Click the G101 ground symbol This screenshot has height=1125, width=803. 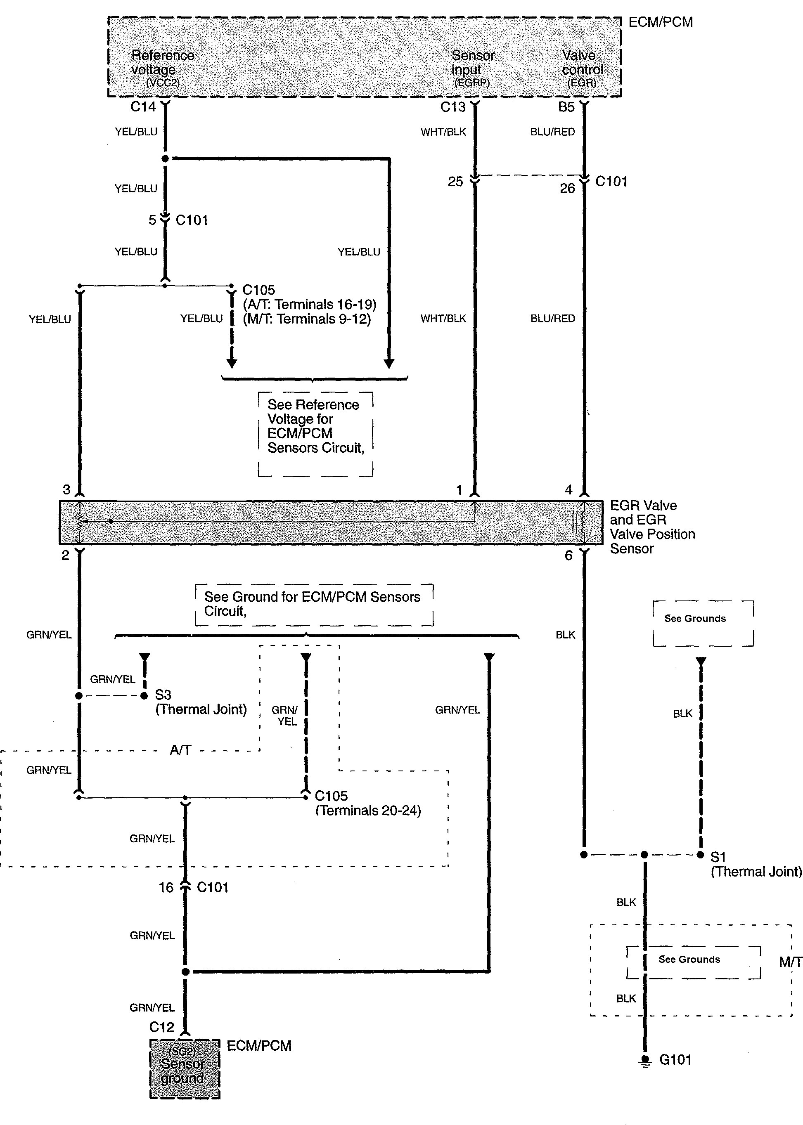pyautogui.click(x=645, y=1060)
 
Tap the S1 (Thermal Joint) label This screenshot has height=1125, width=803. pyautogui.click(x=755, y=864)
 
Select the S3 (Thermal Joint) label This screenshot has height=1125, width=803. pyautogui.click(x=200, y=702)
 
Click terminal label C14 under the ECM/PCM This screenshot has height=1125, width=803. pyautogui.click(x=143, y=107)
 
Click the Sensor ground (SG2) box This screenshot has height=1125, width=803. pyautogui.click(x=185, y=1068)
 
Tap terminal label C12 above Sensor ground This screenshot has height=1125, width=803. pyautogui.click(x=162, y=1027)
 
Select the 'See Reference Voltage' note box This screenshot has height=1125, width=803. pyautogui.click(x=315, y=433)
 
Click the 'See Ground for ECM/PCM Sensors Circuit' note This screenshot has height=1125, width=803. pyautogui.click(x=314, y=604)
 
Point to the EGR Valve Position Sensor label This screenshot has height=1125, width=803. pyautogui.click(x=652, y=527)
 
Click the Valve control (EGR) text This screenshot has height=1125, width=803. pyautogui.click(x=582, y=69)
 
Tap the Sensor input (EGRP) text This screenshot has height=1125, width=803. pyautogui.click(x=472, y=69)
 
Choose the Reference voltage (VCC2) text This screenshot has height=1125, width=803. pyautogui.click(x=163, y=69)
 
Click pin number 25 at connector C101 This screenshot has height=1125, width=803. pyautogui.click(x=455, y=182)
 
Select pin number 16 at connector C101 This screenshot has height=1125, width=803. pyautogui.click(x=166, y=887)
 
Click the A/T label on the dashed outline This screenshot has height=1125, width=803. pyautogui.click(x=180, y=750)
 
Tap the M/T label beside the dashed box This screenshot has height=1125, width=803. pyautogui.click(x=790, y=962)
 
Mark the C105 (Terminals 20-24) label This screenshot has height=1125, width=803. pyautogui.click(x=367, y=803)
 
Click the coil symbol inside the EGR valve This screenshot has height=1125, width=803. pyautogui.click(x=583, y=522)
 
